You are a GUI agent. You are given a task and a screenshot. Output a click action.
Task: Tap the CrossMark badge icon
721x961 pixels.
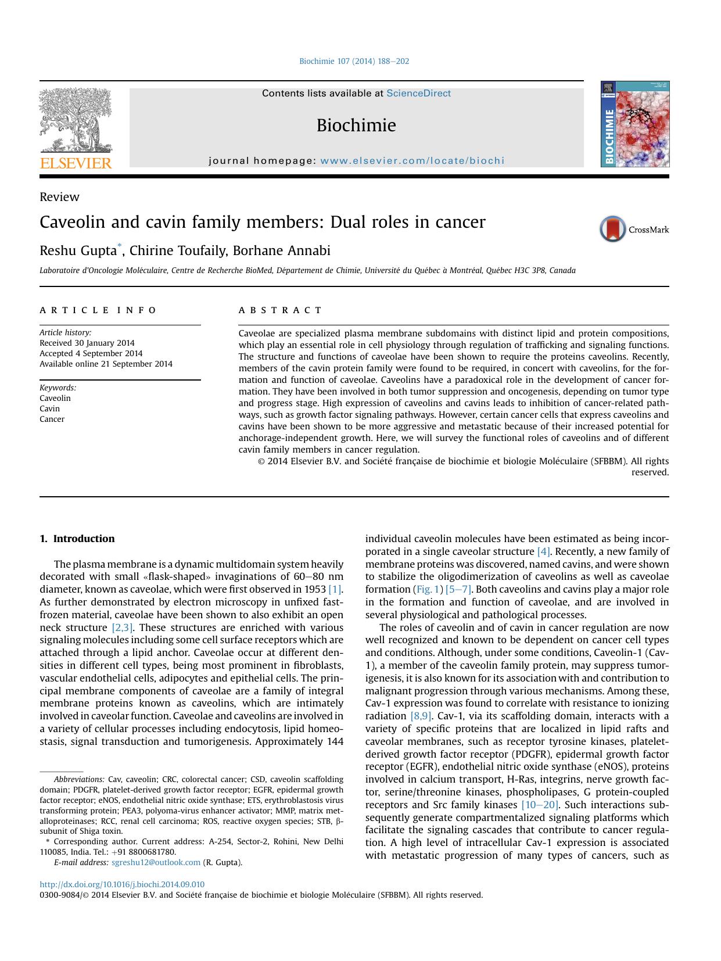pyautogui.click(x=613, y=229)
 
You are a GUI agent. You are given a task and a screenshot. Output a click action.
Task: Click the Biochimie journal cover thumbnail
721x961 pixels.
pyautogui.click(x=635, y=124)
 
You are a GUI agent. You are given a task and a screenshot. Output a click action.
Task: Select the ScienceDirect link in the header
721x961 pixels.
pyautogui.click(x=418, y=94)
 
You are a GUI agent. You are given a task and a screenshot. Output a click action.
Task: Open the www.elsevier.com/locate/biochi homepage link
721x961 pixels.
pyautogui.click(x=412, y=161)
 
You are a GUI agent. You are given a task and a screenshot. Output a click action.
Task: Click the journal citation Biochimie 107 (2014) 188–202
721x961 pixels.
pyautogui.click(x=354, y=62)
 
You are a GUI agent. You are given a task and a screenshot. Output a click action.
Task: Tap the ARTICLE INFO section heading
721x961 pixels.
pyautogui.click(x=98, y=310)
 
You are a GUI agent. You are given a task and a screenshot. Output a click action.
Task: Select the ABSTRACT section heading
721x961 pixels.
pyautogui.click(x=280, y=310)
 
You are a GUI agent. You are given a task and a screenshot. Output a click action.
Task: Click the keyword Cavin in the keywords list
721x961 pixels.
pyautogui.click(x=49, y=408)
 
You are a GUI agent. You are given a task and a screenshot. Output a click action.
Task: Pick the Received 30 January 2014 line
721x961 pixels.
pyautogui.click(x=87, y=343)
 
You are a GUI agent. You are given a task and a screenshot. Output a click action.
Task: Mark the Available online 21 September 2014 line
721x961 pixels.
pyautogui.click(x=106, y=364)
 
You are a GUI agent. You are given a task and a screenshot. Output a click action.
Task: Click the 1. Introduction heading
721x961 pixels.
pyautogui.click(x=77, y=539)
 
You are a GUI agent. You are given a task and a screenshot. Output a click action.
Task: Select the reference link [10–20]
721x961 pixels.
pyautogui.click(x=539, y=805)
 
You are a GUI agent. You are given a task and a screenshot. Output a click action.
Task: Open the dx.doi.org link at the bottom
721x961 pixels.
pyautogui.click(x=122, y=885)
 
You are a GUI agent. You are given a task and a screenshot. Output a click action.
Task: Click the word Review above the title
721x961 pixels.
pyautogui.click(x=59, y=197)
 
